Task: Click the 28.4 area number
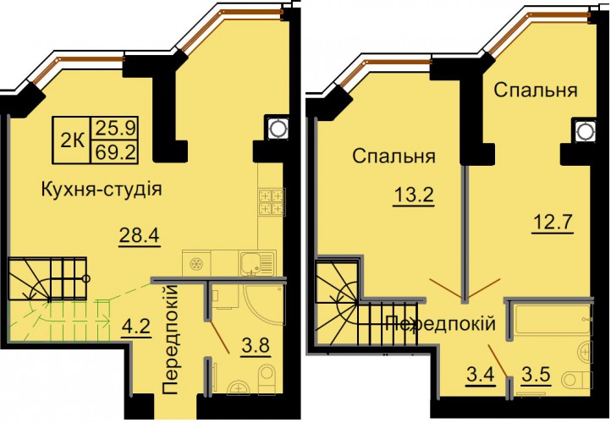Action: point(139,236)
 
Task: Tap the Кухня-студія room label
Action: point(102,190)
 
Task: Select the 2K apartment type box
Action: point(72,140)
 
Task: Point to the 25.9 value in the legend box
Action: point(114,128)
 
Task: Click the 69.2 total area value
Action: point(114,152)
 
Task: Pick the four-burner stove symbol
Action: point(271,201)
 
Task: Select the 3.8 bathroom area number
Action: point(256,345)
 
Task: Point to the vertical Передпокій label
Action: point(170,339)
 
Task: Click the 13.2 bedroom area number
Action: point(414,195)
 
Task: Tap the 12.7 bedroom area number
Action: point(553,223)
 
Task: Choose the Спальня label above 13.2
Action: point(394,157)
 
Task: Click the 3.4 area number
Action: point(481,375)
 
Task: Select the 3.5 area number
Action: point(537,375)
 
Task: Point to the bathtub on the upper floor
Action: point(553,320)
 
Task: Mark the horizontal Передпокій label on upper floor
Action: point(440,324)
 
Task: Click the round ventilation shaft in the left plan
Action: point(277,127)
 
